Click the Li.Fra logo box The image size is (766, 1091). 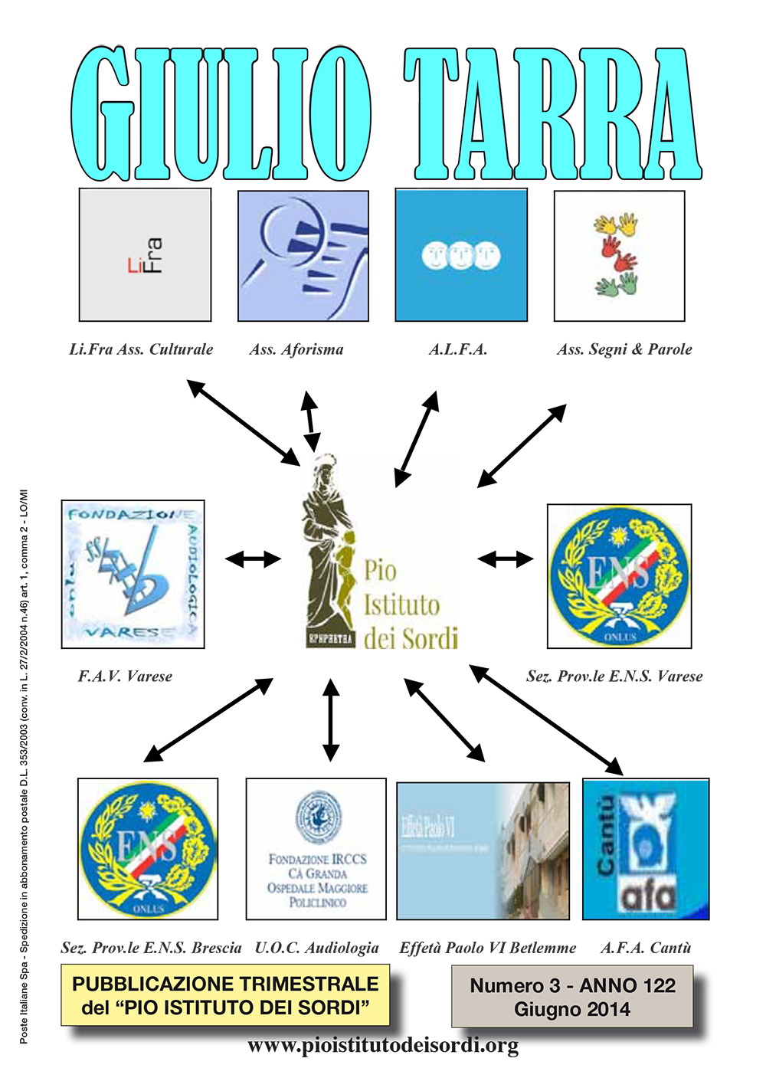coord(145,255)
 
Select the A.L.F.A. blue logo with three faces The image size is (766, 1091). coord(461,255)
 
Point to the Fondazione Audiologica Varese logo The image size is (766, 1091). coord(133,574)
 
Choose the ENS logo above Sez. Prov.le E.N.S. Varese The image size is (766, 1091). coord(619,576)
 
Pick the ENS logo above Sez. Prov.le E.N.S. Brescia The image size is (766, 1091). coord(148,849)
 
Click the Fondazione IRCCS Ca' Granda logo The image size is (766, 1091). coord(316,849)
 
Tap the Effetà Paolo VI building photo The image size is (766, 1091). coord(483,850)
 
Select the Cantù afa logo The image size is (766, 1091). coord(646,849)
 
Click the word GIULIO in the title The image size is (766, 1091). coord(222,115)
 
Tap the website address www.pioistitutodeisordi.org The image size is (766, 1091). coord(383,1045)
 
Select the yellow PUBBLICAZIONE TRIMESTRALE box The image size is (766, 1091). coord(225,995)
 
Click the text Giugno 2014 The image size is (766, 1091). coord(572,1009)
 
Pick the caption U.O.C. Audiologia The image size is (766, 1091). coord(316,948)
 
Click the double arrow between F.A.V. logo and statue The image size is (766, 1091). coord(254,559)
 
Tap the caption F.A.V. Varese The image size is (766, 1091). coord(125,676)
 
